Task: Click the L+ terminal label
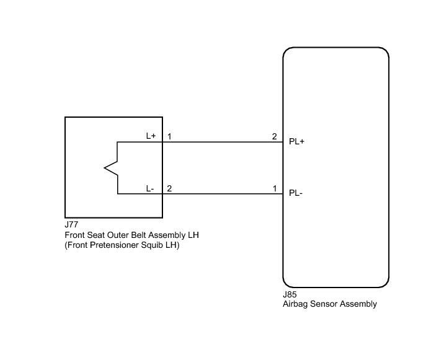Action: pos(151,136)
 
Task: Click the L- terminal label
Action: pos(150,188)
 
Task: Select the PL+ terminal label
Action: pos(297,141)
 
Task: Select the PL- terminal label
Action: pos(296,193)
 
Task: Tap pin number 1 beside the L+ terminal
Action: pos(169,136)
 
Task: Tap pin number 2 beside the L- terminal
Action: pos(169,188)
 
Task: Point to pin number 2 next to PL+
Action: pos(274,136)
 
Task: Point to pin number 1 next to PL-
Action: pos(274,188)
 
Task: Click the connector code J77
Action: pos(71,226)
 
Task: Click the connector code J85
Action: pos(290,295)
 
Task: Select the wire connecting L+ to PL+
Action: pos(220,142)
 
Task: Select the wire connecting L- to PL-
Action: pos(220,194)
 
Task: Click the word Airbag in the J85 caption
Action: pos(295,304)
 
